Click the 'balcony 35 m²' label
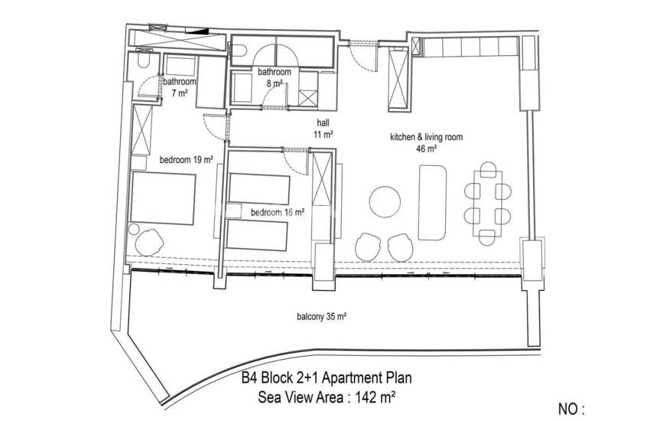(x=322, y=317)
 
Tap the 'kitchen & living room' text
(x=426, y=137)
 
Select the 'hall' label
(x=323, y=122)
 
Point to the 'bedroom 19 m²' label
(x=187, y=160)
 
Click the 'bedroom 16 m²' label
(x=278, y=212)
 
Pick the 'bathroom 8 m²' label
(x=275, y=77)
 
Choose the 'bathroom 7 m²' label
(x=179, y=87)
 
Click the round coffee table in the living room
(x=385, y=202)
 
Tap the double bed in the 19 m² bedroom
(x=163, y=199)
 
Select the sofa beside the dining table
(x=432, y=202)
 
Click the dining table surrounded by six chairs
(x=488, y=204)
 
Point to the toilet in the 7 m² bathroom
(x=144, y=60)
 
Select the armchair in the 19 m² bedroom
(x=149, y=242)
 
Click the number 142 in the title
(x=366, y=397)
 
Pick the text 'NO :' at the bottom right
(x=571, y=410)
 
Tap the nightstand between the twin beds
(x=234, y=210)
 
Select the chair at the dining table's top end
(x=489, y=170)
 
